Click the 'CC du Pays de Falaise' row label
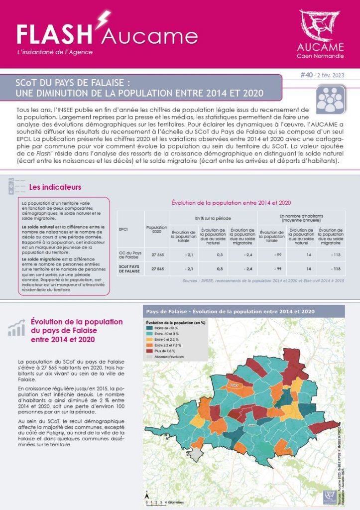coord(130,255)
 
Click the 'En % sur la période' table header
coord(212,218)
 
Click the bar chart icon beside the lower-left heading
coord(16,328)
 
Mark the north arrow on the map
coord(148,496)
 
